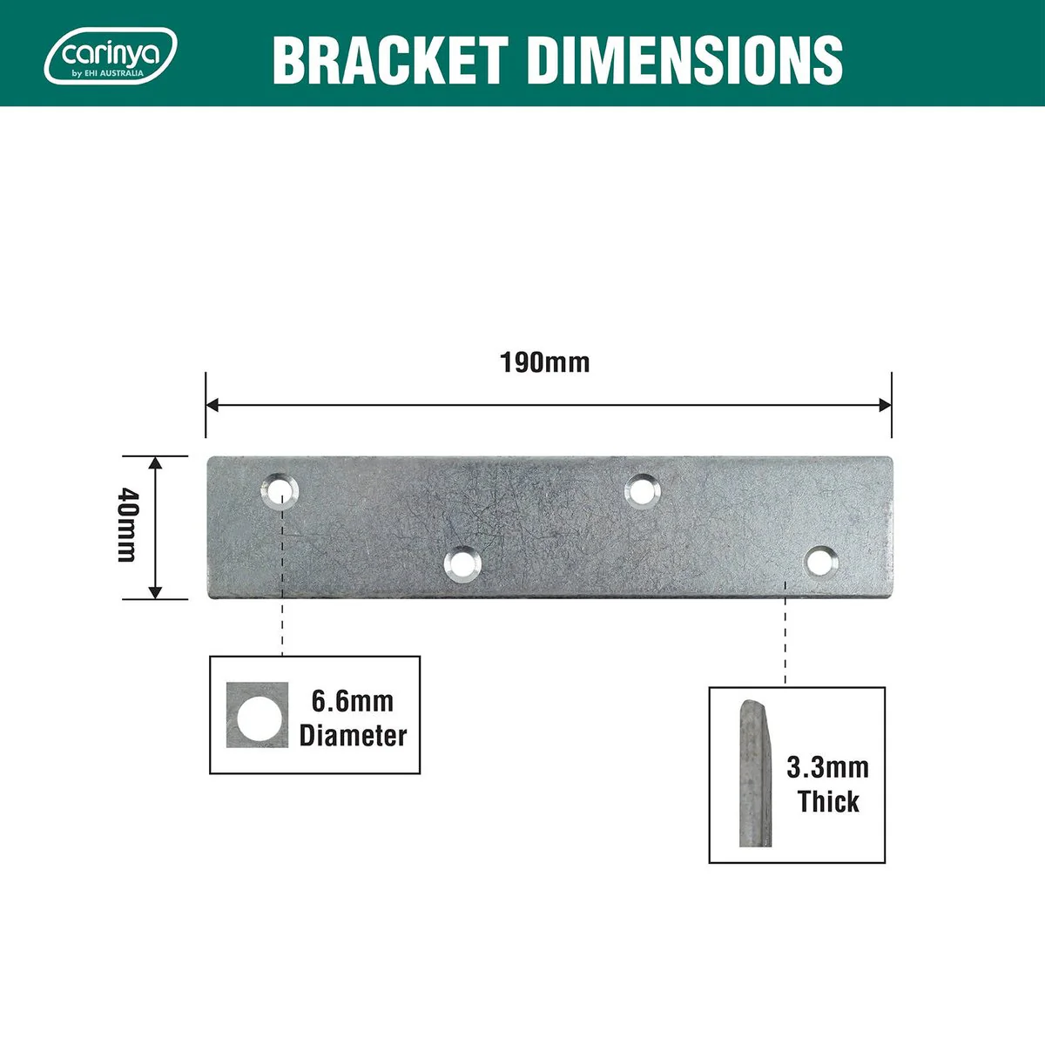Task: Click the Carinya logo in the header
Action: click(111, 57)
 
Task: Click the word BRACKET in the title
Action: click(390, 60)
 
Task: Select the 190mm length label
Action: click(544, 363)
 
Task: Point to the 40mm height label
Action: click(129, 524)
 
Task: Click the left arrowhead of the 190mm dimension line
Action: click(212, 405)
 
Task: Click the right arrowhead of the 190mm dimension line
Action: click(885, 405)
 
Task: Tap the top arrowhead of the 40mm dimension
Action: click(156, 463)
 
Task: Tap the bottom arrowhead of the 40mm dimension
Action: click(156, 592)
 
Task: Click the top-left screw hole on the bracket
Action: click(280, 491)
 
